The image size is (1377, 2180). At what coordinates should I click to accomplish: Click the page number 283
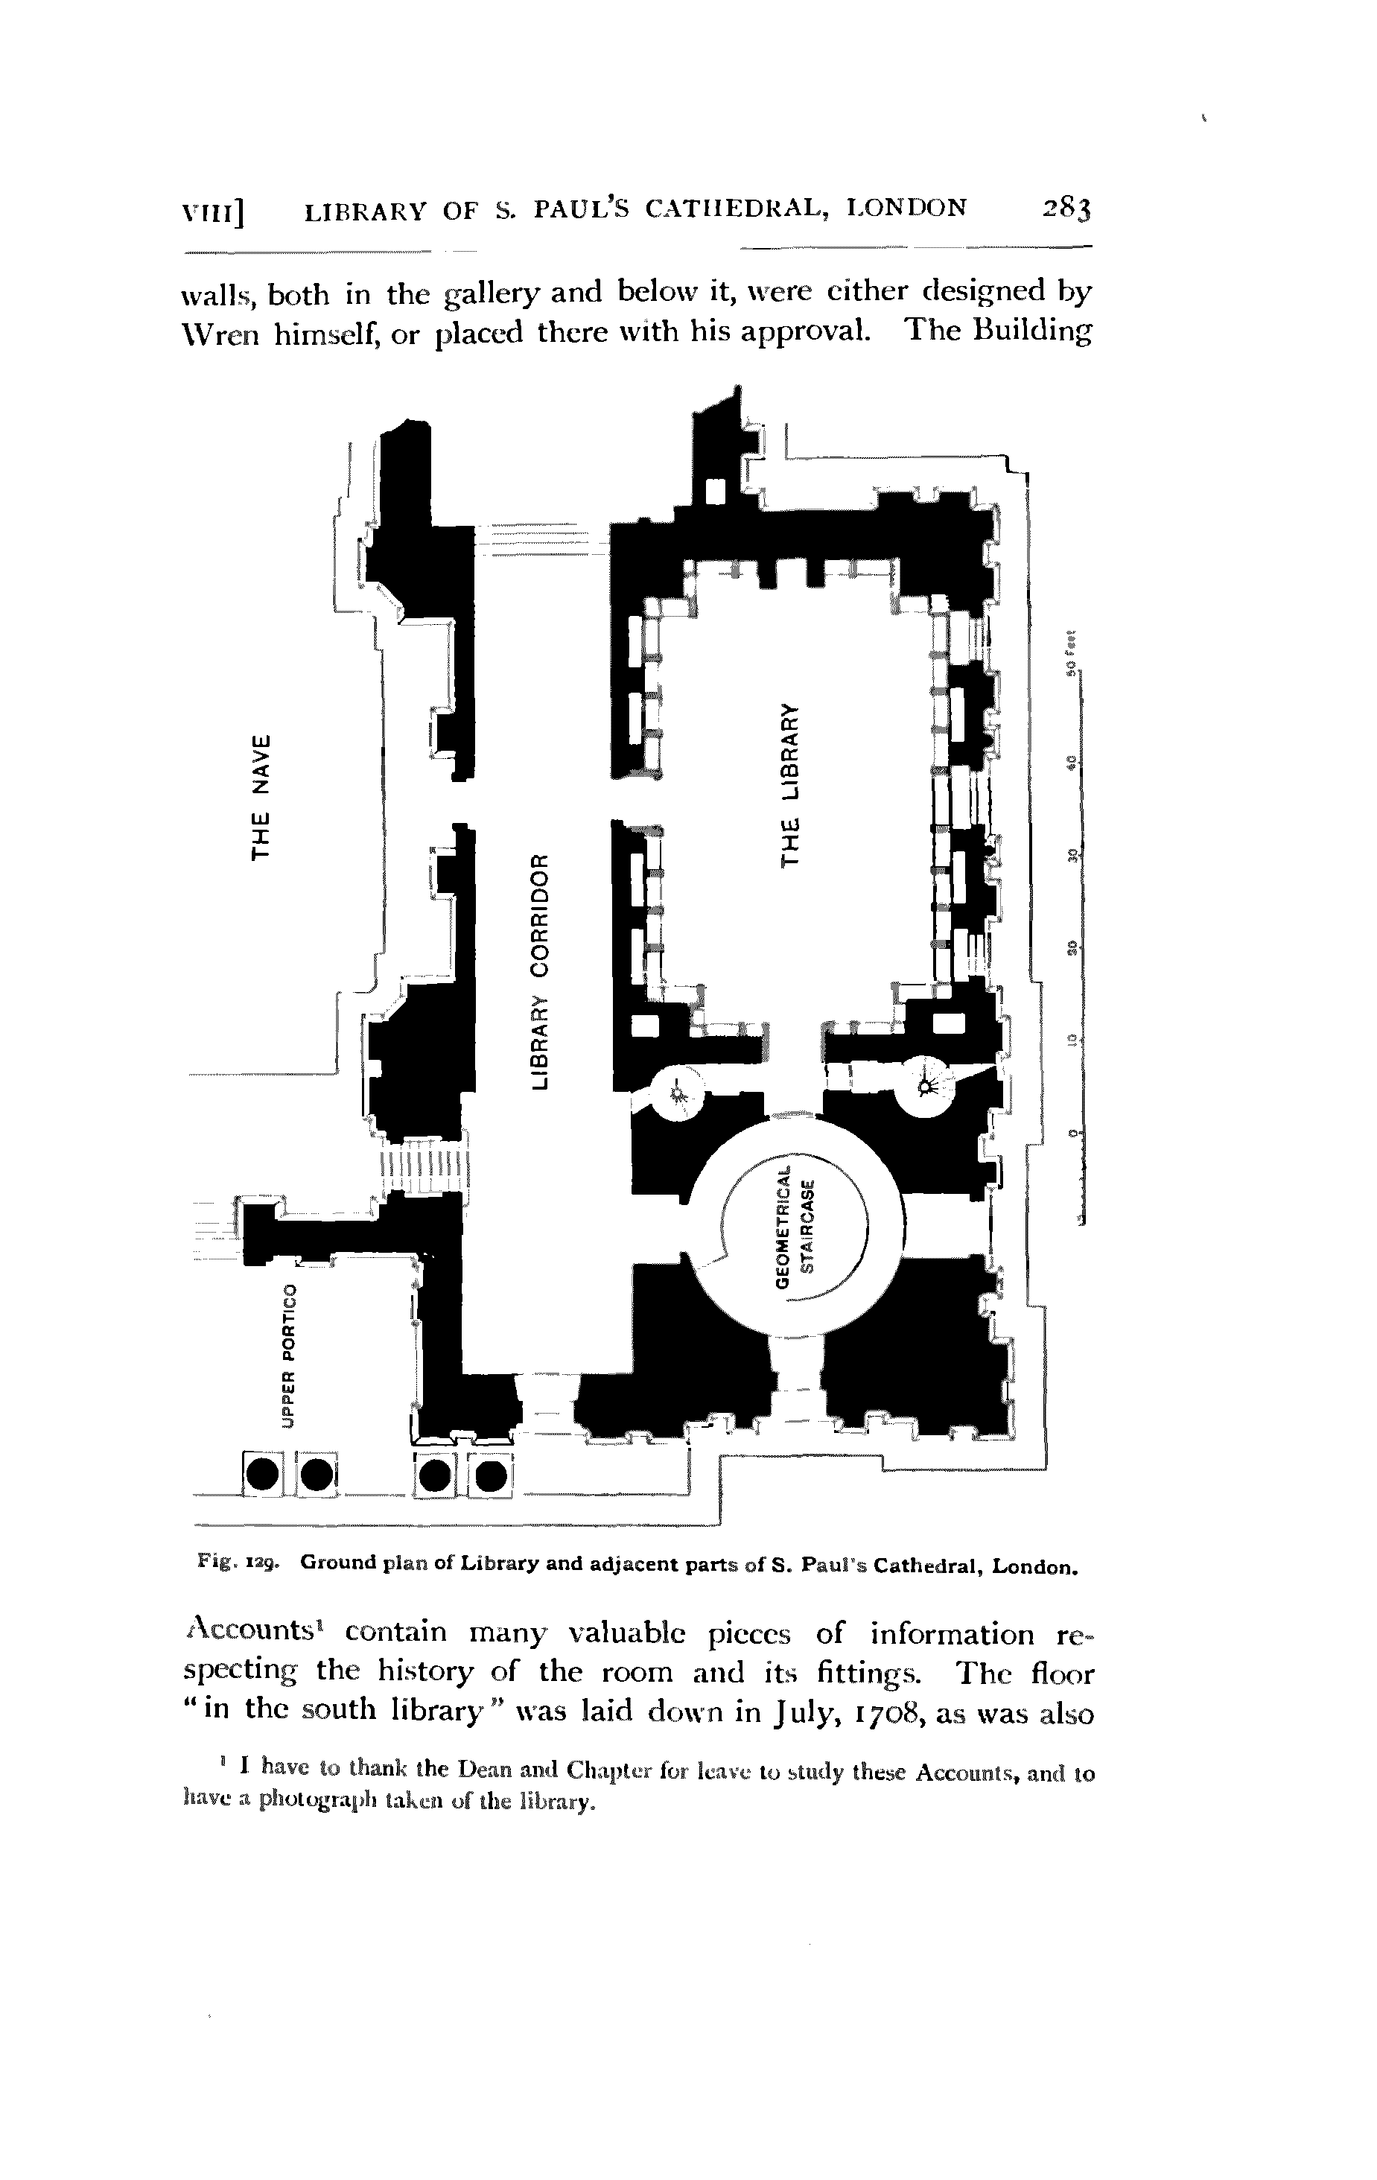coord(1067,209)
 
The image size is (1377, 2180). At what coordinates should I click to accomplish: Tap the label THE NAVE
coord(261,798)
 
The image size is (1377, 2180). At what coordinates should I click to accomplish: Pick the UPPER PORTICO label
coord(289,1356)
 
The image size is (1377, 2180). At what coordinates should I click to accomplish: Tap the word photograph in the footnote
coord(311,1801)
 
